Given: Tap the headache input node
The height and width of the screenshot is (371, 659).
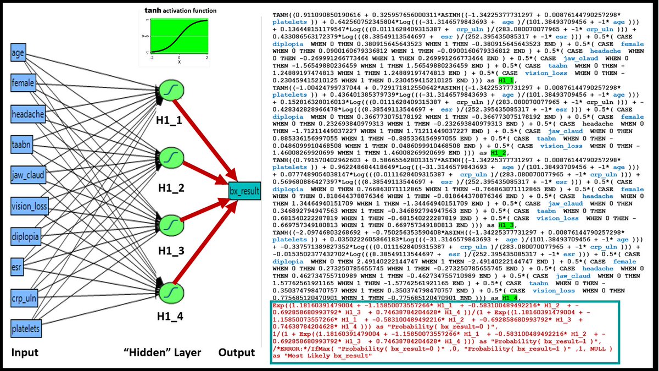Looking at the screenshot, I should (x=26, y=114).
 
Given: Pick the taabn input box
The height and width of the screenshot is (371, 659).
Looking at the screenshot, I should (x=23, y=145).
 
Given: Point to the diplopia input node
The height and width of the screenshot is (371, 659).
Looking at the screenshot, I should (x=26, y=237).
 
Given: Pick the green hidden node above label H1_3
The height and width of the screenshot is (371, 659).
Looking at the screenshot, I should (x=171, y=224).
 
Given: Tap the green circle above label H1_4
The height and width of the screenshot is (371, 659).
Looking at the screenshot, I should (x=171, y=290).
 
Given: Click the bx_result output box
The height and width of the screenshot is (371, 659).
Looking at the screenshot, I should (x=245, y=192).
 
